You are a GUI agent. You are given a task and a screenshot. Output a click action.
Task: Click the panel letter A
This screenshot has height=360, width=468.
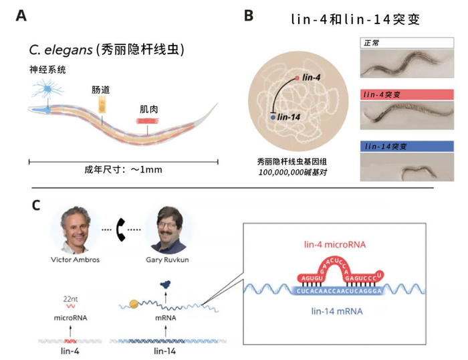tap(21, 15)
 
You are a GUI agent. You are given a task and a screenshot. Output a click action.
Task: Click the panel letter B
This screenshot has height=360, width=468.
tap(248, 15)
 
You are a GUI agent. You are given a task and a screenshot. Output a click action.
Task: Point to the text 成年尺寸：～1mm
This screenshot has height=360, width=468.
tap(124, 169)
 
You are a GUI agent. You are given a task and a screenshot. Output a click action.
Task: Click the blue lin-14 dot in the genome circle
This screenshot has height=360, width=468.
tap(273, 117)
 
